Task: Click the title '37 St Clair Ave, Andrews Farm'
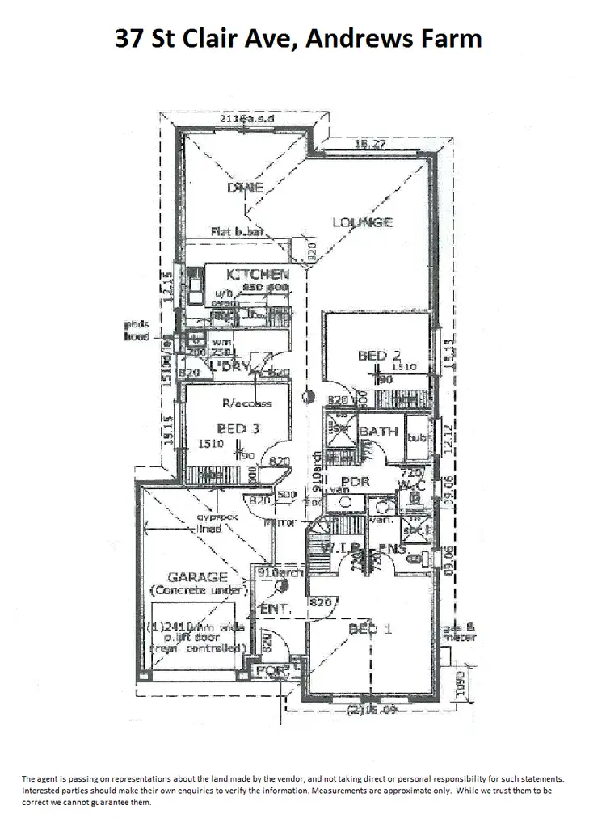(x=298, y=38)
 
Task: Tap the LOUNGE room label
(x=361, y=222)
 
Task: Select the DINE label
(x=244, y=188)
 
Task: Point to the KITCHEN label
(x=257, y=274)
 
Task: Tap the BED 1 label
(x=370, y=628)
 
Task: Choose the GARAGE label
(x=197, y=577)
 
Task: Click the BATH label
(x=378, y=432)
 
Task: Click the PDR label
(x=355, y=481)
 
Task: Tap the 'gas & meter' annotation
(x=459, y=632)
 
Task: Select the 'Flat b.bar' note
(x=238, y=232)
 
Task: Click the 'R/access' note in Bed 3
(x=247, y=403)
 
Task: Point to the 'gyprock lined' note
(x=208, y=523)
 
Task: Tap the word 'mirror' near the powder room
(x=285, y=523)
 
